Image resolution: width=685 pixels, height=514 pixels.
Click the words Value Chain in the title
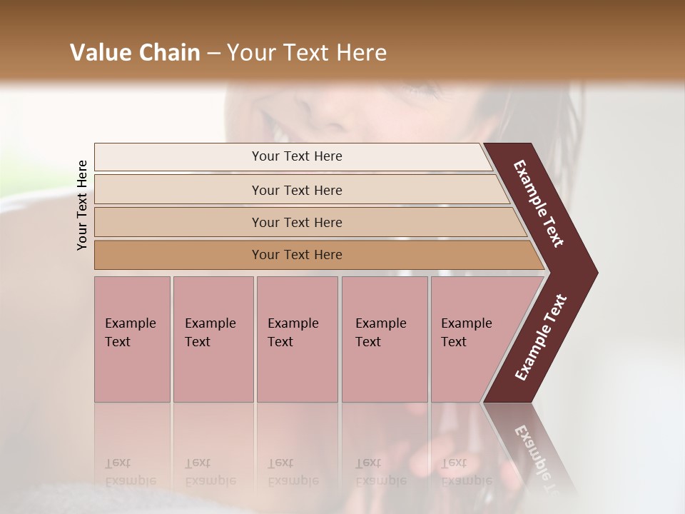(x=135, y=53)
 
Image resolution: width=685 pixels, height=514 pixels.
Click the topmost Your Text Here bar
(x=297, y=156)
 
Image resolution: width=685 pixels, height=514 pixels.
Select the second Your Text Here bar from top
(x=297, y=190)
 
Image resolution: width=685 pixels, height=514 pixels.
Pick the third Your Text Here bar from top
(x=297, y=222)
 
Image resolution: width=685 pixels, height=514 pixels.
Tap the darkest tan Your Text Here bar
(x=297, y=255)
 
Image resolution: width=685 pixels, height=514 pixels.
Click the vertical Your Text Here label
(x=82, y=205)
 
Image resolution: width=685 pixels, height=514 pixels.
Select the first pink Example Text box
(x=132, y=339)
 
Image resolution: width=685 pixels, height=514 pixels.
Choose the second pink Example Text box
(x=213, y=339)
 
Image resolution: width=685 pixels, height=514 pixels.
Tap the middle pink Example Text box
(x=297, y=339)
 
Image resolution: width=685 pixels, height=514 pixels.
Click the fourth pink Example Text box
(x=385, y=339)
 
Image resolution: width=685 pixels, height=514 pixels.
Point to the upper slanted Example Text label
(x=539, y=203)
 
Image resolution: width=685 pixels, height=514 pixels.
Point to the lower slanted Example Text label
(x=540, y=338)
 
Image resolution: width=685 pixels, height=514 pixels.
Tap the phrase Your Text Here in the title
(x=307, y=53)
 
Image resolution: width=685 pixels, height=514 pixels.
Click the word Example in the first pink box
(x=130, y=323)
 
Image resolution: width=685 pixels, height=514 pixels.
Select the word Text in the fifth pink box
(x=453, y=342)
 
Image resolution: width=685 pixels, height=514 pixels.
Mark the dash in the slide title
(x=213, y=53)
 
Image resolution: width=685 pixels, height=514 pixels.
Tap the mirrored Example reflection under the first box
(x=130, y=480)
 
